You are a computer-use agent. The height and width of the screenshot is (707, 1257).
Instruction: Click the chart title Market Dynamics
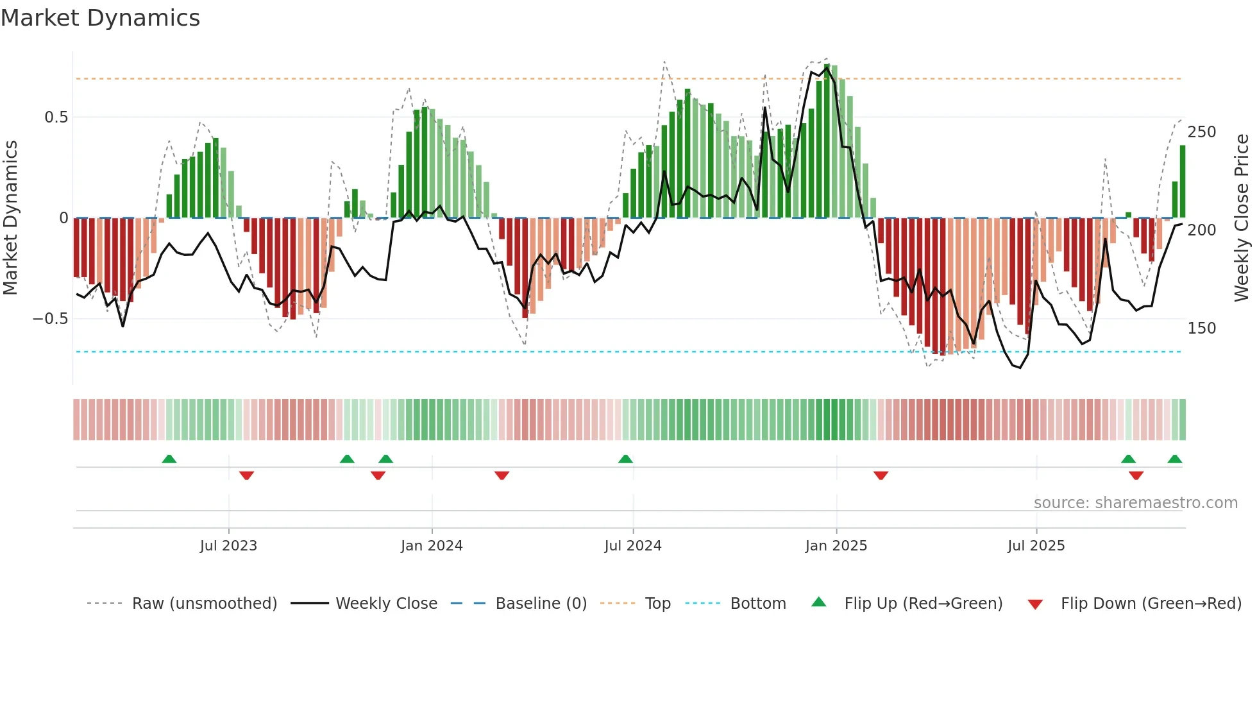pos(100,18)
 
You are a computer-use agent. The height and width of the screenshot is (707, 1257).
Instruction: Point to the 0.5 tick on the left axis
pos(56,117)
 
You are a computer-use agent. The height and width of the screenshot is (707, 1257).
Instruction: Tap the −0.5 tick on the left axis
pos(50,319)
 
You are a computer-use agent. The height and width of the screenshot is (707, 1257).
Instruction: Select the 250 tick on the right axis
pos(1201,132)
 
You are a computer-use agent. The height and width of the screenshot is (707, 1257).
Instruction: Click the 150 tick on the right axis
pos(1201,328)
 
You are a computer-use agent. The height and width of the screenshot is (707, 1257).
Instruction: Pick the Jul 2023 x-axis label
pos(228,546)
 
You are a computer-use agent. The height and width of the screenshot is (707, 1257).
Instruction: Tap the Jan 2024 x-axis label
pos(432,546)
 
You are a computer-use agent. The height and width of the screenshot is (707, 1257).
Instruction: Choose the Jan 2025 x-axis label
pos(836,546)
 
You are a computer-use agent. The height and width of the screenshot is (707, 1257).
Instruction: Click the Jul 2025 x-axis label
pos(1036,546)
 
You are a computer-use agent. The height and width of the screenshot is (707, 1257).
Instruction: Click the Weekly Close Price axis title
pos(1242,218)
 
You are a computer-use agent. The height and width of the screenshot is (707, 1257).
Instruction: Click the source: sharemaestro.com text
pos(1135,503)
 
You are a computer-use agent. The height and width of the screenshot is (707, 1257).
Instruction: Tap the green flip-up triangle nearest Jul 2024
pos(625,459)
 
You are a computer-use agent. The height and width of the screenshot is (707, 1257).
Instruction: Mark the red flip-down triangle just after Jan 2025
pos(881,475)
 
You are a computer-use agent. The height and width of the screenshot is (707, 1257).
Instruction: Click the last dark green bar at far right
pos(1183,182)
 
